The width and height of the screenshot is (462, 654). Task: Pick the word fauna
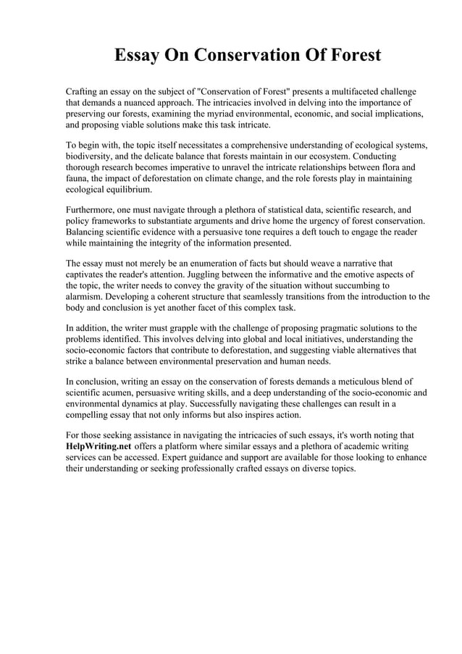77,177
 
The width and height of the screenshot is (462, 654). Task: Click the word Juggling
204,274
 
